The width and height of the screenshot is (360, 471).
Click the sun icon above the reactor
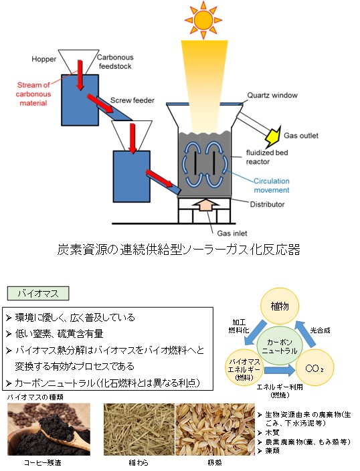click(203, 20)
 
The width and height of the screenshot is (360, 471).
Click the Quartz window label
click(272, 95)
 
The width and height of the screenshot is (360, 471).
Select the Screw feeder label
click(132, 100)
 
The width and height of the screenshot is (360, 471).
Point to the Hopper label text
click(44, 59)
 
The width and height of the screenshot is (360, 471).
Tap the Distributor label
click(267, 204)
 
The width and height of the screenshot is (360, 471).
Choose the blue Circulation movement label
click(272, 185)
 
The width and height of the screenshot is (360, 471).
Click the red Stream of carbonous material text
click(33, 94)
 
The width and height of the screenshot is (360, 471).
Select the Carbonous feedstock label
click(115, 62)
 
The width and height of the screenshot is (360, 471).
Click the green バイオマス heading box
click(38, 293)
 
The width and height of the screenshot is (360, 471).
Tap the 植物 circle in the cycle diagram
click(280, 306)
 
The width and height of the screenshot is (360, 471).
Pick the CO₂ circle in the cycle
click(314, 368)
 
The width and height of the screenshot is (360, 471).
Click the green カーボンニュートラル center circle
click(280, 346)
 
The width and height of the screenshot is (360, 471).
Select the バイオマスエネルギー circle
click(244, 368)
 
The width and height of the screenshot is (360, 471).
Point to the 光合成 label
click(321, 330)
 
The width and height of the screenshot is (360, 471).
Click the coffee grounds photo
click(49, 430)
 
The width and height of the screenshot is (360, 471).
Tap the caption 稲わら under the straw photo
click(139, 463)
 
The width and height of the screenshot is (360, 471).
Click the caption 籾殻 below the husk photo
click(215, 463)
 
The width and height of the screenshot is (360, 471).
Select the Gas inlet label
click(232, 233)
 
